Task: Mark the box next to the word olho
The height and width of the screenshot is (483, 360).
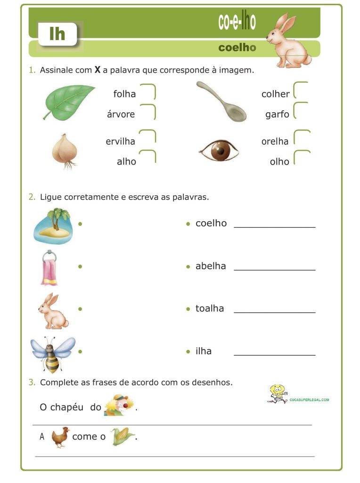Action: pyautogui.click(x=301, y=158)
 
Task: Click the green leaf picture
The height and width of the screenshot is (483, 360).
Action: pyautogui.click(x=69, y=101)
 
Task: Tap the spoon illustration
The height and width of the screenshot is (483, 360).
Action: pyautogui.click(x=221, y=102)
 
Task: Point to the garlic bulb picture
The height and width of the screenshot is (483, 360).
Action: pyautogui.click(x=65, y=150)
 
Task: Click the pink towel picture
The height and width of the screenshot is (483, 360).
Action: pyautogui.click(x=49, y=268)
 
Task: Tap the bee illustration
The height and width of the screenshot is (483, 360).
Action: pyautogui.click(x=52, y=354)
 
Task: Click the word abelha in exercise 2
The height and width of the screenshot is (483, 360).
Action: pyautogui.click(x=211, y=266)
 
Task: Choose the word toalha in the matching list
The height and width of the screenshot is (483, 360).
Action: pyautogui.click(x=210, y=308)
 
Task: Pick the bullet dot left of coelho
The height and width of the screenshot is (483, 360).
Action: pyautogui.click(x=188, y=224)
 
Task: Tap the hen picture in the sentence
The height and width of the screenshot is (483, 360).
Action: pyautogui.click(x=60, y=436)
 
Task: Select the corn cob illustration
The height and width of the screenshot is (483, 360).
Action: pyautogui.click(x=122, y=436)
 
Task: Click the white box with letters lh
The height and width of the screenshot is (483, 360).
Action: pyautogui.click(x=57, y=34)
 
